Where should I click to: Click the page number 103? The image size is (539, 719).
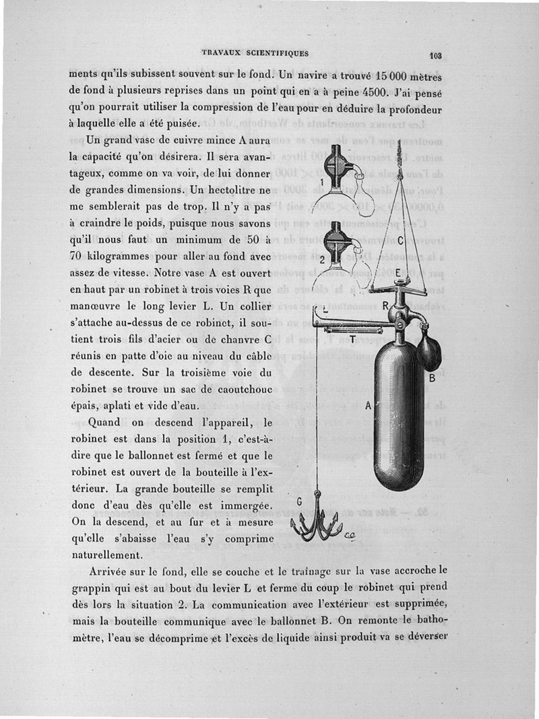[433, 57]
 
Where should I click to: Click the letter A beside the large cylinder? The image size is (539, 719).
[368, 406]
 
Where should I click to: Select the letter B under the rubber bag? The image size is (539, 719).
[433, 378]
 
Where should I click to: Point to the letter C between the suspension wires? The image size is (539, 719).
[400, 239]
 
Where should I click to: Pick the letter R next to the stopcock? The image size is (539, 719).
[387, 305]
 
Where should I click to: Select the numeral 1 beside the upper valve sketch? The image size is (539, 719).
[323, 182]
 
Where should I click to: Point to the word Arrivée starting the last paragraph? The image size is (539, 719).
[115, 570]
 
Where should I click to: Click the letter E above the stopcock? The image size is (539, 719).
[398, 273]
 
